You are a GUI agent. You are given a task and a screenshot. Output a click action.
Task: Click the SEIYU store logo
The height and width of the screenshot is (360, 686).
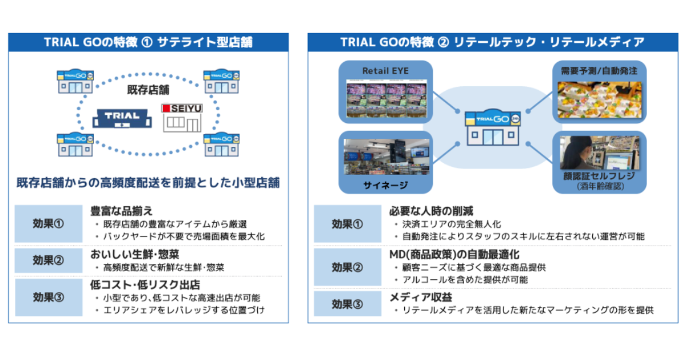182,108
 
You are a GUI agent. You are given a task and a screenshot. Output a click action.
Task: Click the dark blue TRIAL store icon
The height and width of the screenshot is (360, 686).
121,118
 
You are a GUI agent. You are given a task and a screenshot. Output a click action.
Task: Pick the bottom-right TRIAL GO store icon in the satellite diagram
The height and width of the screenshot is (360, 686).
222,144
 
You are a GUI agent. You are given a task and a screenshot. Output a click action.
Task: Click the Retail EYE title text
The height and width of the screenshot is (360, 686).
385,71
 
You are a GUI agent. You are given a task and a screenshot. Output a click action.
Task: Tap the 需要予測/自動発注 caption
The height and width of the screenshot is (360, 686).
599,71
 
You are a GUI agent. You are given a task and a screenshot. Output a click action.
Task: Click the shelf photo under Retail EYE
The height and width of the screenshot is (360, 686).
385,98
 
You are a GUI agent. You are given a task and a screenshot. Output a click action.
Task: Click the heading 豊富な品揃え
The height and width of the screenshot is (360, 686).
121,211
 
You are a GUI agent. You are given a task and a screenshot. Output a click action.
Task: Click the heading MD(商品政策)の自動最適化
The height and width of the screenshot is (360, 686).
454,254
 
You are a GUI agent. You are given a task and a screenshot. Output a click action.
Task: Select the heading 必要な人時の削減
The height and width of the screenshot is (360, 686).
431,211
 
